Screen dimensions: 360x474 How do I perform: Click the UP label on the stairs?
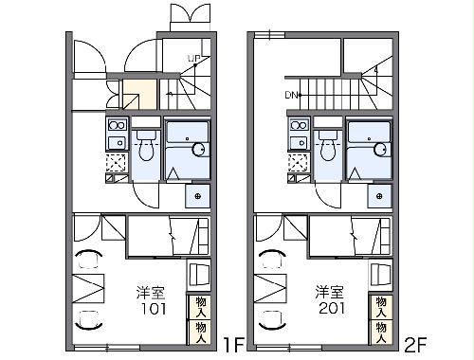coord(193,59)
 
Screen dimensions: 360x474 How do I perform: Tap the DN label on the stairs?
coord(291,95)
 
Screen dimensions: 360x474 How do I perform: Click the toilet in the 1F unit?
coord(146,147)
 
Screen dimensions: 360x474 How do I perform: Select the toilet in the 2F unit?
coord(328,147)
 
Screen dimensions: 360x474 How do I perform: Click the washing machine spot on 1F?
coord(198,195)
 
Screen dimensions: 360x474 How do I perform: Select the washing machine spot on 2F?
coord(380,195)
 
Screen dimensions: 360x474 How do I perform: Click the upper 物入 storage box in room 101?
coord(200,306)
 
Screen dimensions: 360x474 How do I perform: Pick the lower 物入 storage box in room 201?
coord(382,328)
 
